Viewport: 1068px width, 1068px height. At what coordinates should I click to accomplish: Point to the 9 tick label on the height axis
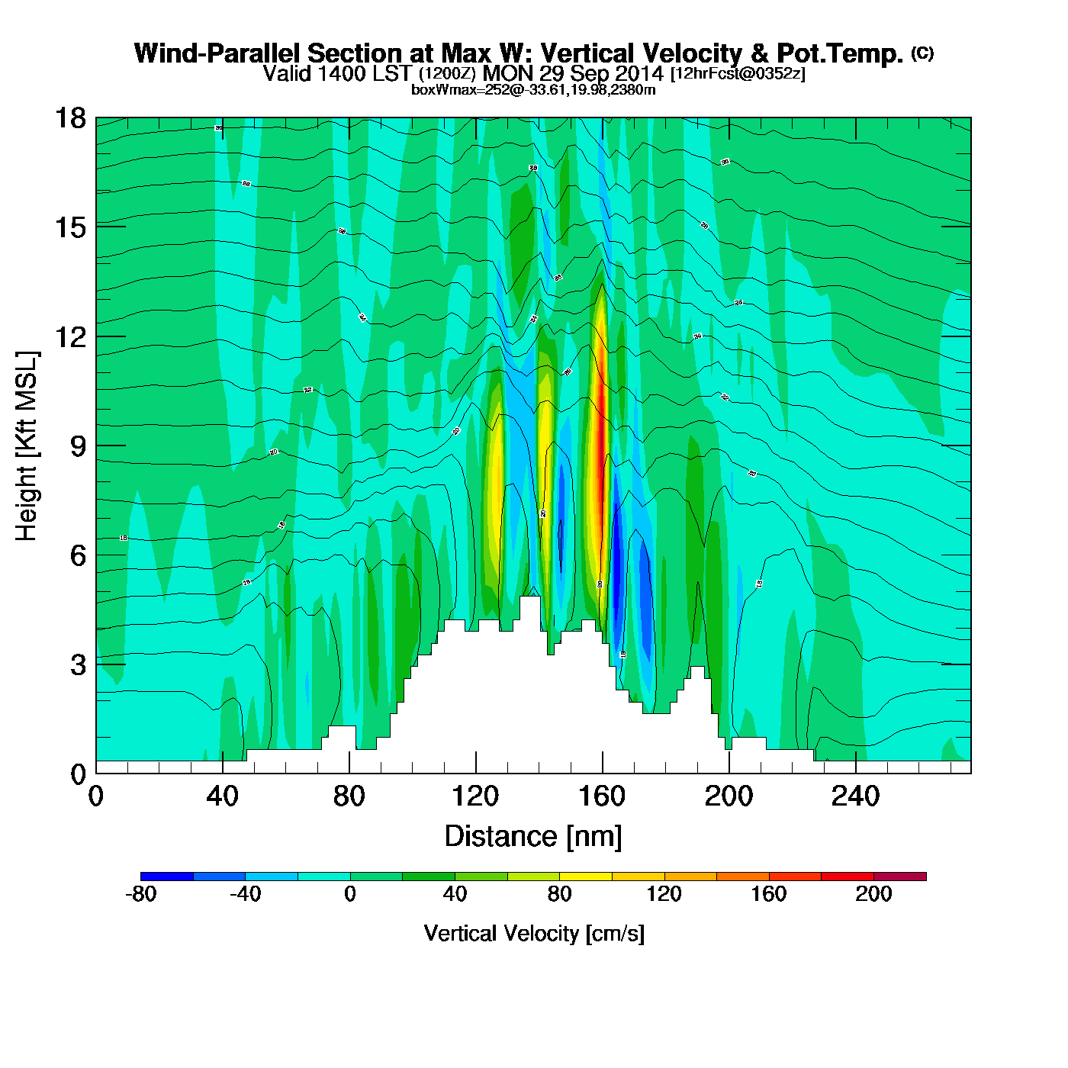(x=78, y=446)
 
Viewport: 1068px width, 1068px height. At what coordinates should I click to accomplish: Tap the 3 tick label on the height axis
(x=78, y=665)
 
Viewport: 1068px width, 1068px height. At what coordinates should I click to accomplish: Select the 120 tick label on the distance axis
(x=475, y=797)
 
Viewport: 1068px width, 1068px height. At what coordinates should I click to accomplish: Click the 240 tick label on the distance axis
(x=855, y=797)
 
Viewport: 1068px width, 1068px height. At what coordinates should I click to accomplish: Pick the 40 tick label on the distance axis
(x=222, y=797)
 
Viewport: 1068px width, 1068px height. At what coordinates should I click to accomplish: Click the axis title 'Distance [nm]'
(x=533, y=837)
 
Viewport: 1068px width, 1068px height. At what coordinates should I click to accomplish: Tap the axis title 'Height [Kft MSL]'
(x=27, y=446)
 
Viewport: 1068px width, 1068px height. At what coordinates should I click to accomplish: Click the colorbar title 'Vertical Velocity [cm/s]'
(x=534, y=934)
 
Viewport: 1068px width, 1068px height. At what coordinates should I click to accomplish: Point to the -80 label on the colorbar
(x=140, y=895)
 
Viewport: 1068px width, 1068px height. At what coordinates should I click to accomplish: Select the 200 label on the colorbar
(x=873, y=895)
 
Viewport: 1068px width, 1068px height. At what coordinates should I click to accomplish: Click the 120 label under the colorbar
(x=664, y=895)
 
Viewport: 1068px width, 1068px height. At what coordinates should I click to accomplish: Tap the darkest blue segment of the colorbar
(x=167, y=877)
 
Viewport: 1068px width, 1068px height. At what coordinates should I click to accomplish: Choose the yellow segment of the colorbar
(x=585, y=877)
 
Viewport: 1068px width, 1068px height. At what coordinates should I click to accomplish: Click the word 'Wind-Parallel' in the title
(x=219, y=53)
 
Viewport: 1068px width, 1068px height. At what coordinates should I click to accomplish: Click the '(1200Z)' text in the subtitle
(x=447, y=74)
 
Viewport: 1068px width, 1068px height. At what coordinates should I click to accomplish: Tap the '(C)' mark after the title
(x=922, y=53)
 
